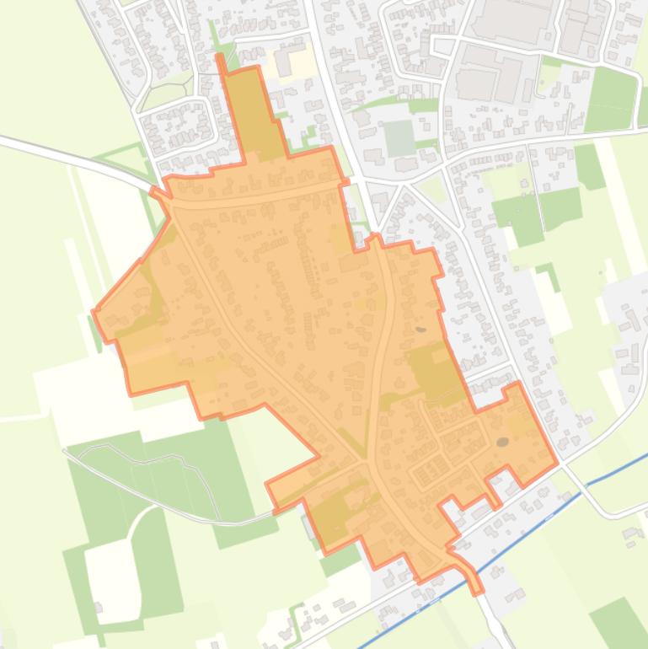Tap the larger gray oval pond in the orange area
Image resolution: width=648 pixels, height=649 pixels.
tap(502, 442)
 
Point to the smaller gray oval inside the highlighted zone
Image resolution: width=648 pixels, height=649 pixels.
tap(420, 329)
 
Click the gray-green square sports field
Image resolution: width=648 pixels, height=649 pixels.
tap(399, 137)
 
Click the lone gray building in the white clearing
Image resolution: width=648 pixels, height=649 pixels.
tap(98, 607)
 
